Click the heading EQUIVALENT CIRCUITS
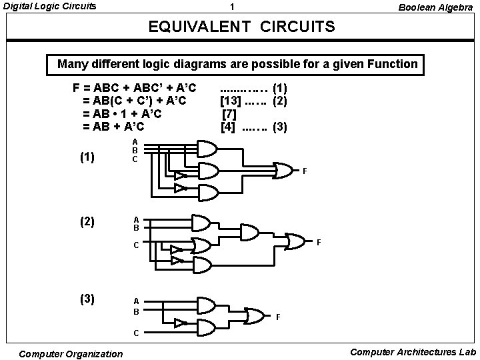point(241,29)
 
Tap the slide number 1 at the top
point(231,7)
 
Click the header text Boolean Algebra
point(435,7)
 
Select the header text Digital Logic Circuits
point(49,7)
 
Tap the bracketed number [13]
point(231,101)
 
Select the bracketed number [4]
point(229,126)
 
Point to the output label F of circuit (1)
point(305,172)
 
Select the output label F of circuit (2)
point(319,241)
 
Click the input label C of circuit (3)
point(136,332)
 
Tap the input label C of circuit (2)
point(136,245)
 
